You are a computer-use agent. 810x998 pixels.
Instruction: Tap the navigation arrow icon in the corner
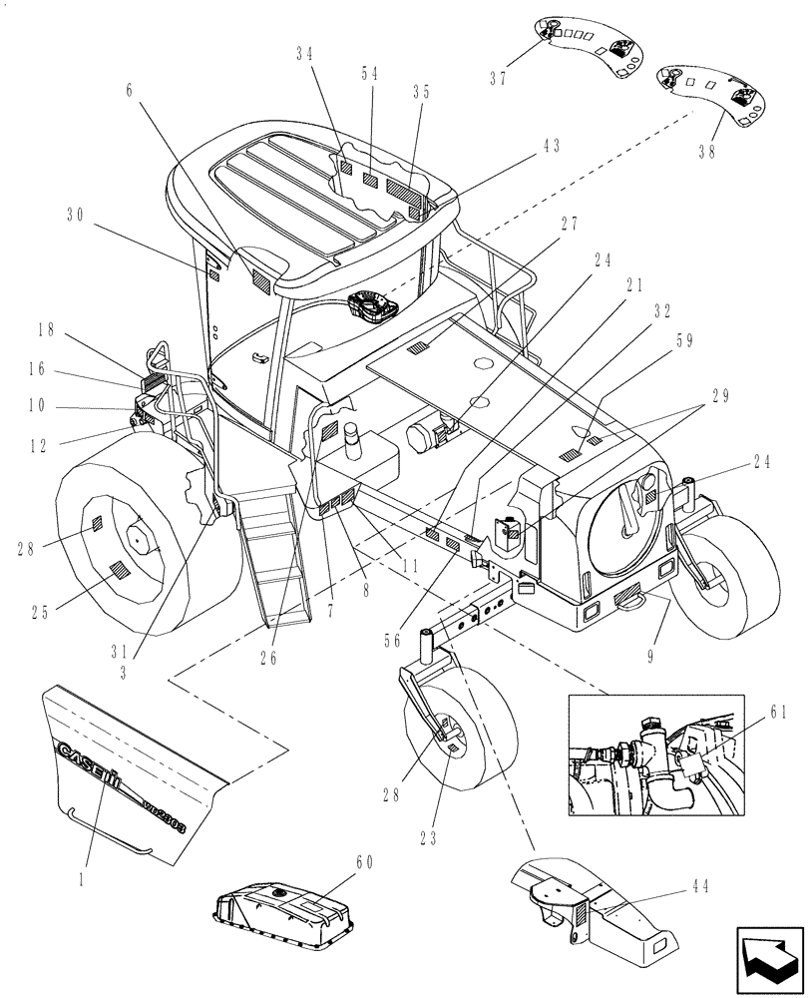click(x=769, y=960)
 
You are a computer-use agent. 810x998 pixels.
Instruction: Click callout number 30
click(x=76, y=215)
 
